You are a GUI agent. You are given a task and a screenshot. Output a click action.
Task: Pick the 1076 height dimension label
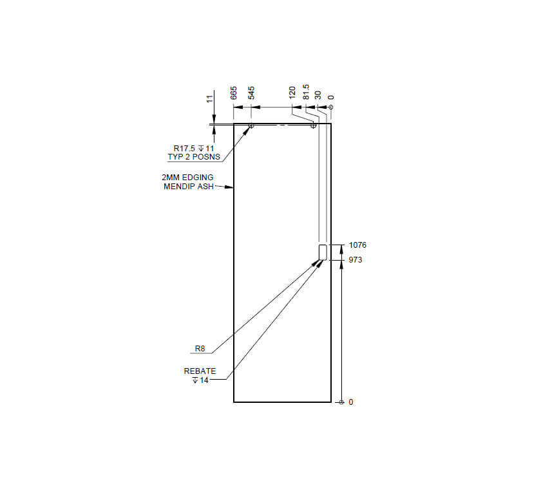[357, 245]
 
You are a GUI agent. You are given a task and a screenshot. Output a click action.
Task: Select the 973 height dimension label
[356, 260]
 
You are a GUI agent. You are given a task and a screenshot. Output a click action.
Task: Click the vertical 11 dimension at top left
[209, 98]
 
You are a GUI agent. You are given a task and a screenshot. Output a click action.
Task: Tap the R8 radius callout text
[200, 349]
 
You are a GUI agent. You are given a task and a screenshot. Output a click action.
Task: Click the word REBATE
[200, 371]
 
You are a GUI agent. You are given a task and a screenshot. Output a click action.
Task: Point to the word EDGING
[196, 177]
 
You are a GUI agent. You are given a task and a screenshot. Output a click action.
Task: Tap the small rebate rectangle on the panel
[323, 252]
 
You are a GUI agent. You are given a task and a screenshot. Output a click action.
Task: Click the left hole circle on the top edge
[251, 125]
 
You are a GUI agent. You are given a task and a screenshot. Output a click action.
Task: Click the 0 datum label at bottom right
[351, 402]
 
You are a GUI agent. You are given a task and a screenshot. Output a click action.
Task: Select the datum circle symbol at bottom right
[341, 402]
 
